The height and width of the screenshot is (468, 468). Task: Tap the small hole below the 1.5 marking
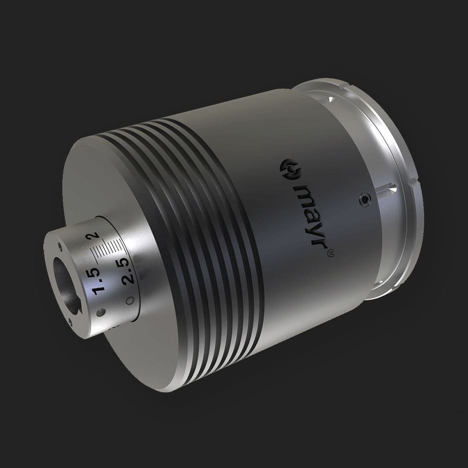100,312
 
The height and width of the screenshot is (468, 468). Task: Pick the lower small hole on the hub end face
72,320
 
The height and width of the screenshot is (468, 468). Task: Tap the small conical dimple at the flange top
331,99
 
